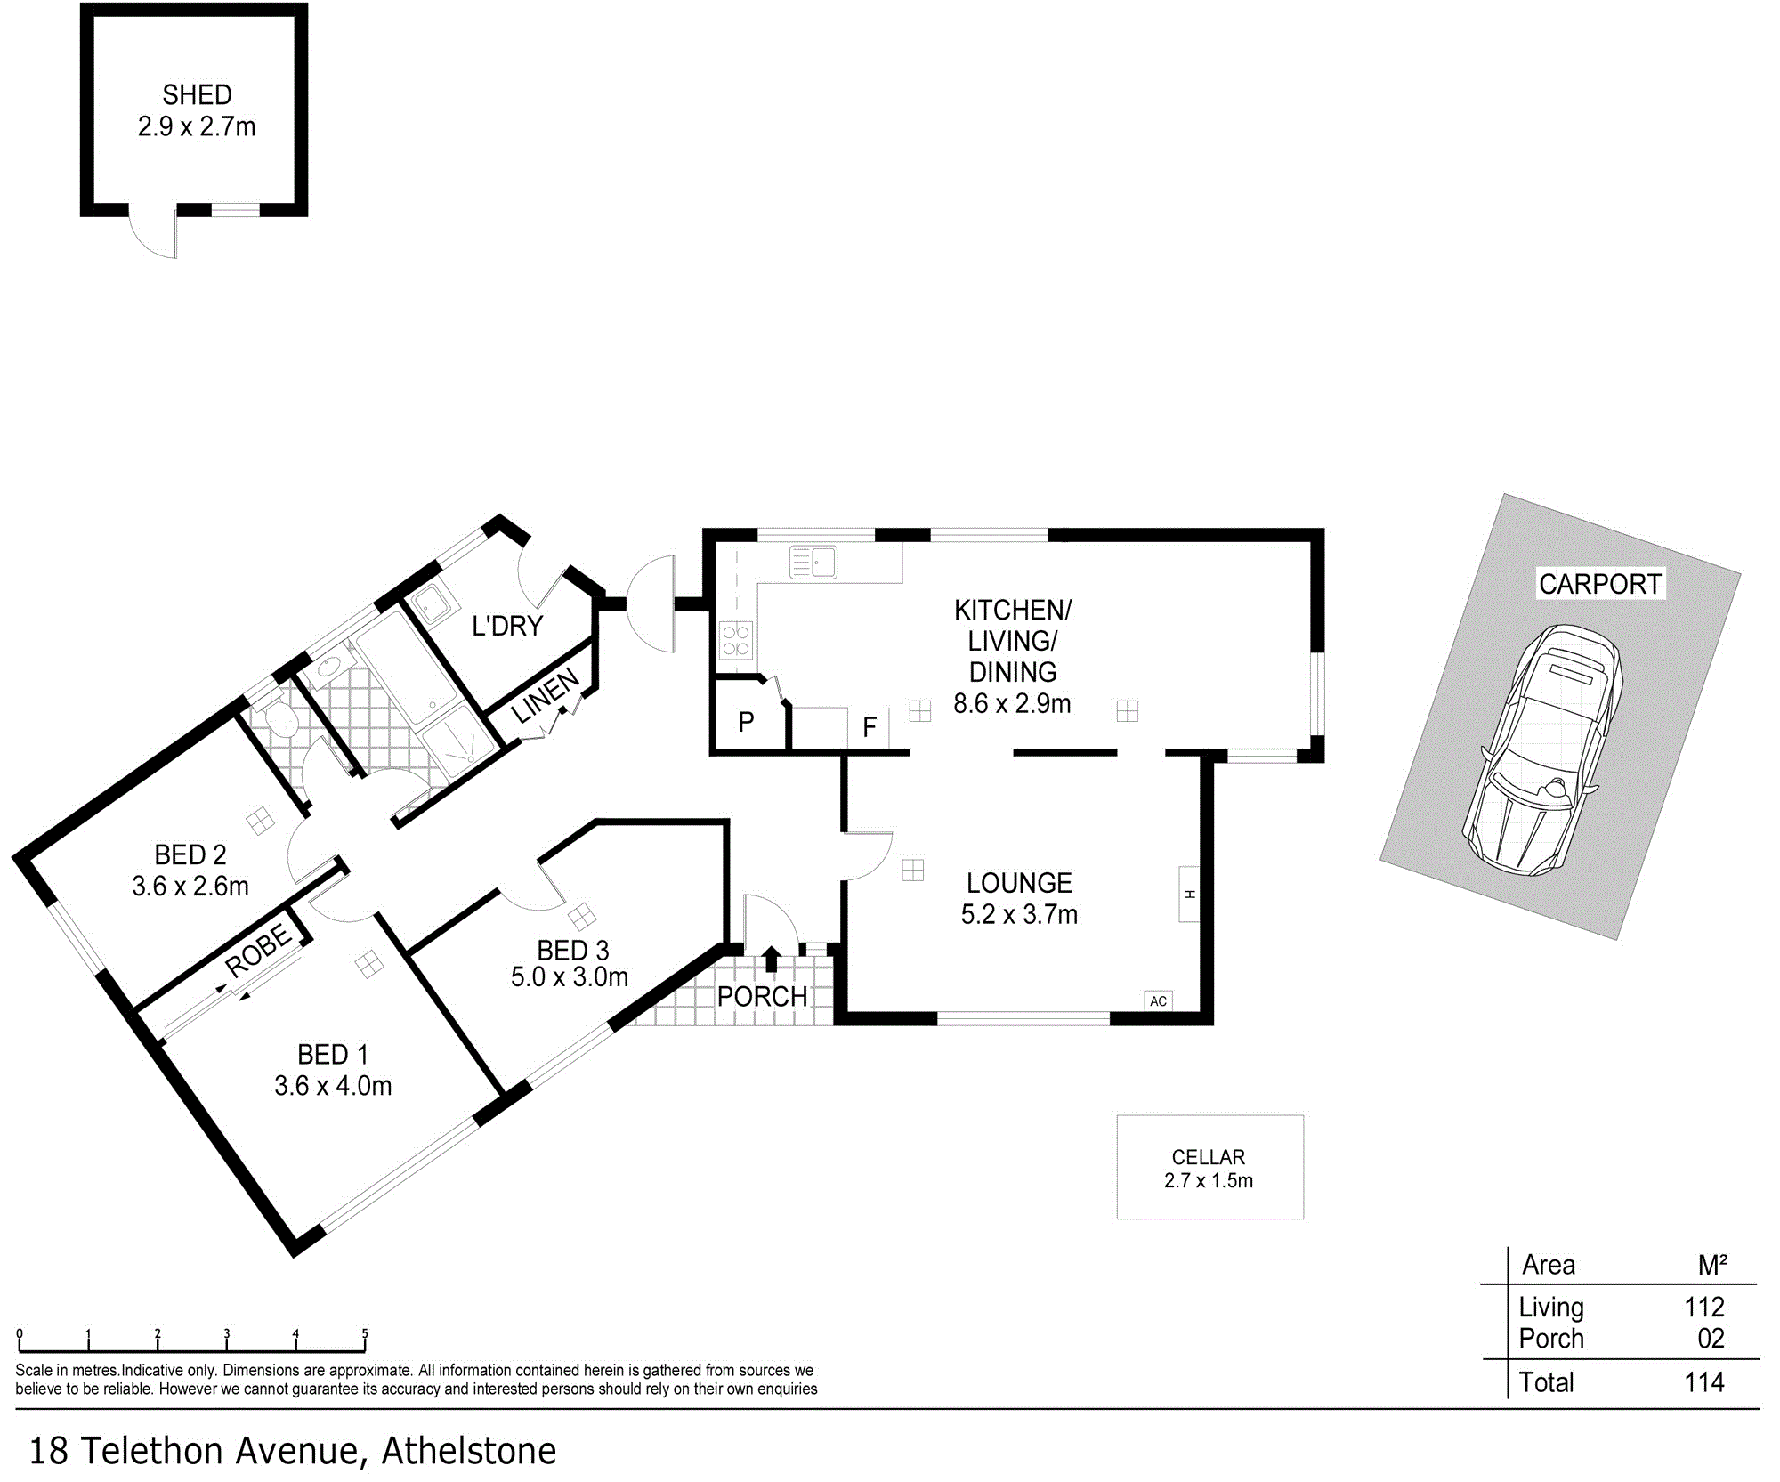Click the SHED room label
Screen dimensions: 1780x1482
tap(197, 94)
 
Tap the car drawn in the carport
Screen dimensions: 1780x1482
tap(1543, 751)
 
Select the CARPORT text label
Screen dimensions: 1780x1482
tap(1600, 584)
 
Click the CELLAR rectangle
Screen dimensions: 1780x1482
tap(1210, 1167)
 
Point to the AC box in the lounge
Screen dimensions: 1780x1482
tap(1158, 1000)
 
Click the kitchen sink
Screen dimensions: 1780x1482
tap(813, 562)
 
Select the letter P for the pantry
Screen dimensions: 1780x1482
tap(747, 722)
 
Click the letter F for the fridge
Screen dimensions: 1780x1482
tap(870, 728)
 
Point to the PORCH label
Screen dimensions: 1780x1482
tap(763, 996)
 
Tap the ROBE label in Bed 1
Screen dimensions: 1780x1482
tap(258, 951)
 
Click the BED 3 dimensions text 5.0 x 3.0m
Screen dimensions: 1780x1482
tap(570, 976)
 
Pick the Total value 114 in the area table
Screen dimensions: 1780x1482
tap(1704, 1382)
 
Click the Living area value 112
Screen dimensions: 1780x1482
tap(1704, 1307)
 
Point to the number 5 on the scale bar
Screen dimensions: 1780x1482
tap(365, 1333)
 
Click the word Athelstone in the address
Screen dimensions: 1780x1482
tap(469, 1451)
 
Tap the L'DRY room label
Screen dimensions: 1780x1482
tap(507, 626)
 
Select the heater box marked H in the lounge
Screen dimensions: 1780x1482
tap(1189, 894)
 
